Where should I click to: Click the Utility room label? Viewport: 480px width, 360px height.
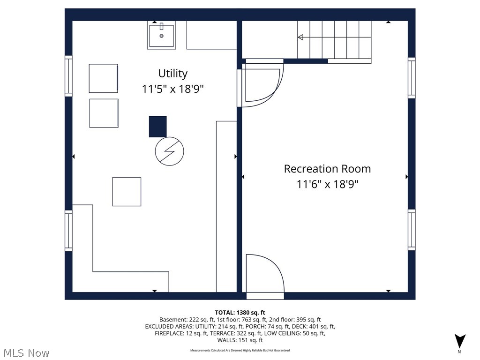(172, 74)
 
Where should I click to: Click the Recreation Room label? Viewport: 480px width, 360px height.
(327, 169)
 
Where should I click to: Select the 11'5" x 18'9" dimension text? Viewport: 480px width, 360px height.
(172, 89)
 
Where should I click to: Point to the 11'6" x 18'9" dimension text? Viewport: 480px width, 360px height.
(327, 184)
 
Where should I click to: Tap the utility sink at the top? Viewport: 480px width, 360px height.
(162, 36)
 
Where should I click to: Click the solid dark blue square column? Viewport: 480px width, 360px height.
(157, 127)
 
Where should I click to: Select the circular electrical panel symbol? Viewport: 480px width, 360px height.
(169, 151)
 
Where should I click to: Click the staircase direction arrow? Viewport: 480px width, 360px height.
(300, 37)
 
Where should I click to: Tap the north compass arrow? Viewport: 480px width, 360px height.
(460, 341)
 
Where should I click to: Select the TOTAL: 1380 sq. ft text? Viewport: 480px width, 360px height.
(240, 313)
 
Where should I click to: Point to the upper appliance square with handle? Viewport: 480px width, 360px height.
(104, 78)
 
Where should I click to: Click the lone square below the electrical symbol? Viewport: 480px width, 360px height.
(127, 192)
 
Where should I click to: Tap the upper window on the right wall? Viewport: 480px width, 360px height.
(412, 78)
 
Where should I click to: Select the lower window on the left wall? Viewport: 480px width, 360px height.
(68, 231)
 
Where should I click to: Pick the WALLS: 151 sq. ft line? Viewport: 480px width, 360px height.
(240, 340)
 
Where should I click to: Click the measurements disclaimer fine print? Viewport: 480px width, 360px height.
(240, 350)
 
